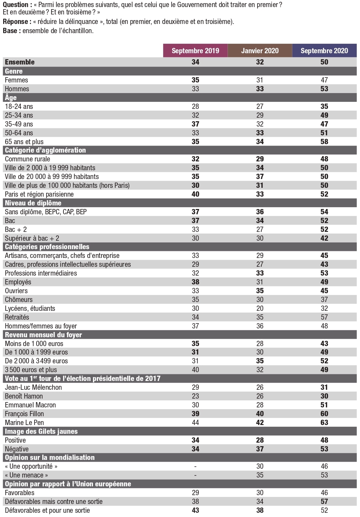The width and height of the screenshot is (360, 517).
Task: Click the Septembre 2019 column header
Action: [x=195, y=51]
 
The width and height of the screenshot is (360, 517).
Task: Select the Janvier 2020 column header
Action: [x=260, y=51]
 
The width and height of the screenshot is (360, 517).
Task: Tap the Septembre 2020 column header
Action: [x=324, y=51]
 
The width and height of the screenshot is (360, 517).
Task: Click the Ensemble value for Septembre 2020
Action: [x=324, y=62]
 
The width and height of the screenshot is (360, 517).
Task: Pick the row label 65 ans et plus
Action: [x=24, y=142]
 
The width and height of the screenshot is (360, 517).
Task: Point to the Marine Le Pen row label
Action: [x=24, y=423]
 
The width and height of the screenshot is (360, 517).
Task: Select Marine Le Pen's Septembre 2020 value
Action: [x=324, y=423]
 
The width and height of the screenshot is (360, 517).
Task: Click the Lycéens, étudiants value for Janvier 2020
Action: [x=260, y=308]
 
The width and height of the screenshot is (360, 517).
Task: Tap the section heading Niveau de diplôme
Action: [x=33, y=203]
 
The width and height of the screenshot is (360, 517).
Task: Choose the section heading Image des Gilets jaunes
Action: [x=41, y=431]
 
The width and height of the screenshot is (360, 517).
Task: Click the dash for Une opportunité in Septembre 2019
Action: [x=195, y=467]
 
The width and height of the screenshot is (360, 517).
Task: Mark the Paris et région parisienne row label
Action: [x=39, y=194]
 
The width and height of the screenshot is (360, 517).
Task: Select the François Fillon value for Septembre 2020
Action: [x=324, y=414]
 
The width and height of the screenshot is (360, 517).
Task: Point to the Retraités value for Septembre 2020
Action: [x=324, y=317]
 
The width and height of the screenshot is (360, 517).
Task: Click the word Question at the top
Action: [x=15, y=5]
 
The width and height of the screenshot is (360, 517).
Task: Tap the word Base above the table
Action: [x=10, y=31]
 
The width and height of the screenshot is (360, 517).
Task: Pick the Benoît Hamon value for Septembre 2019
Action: [x=195, y=396]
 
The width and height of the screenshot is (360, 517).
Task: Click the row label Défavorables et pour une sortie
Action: [x=47, y=510]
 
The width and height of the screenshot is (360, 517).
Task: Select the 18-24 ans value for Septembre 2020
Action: [x=324, y=106]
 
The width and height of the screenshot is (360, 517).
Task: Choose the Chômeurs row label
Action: [x=19, y=300]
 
